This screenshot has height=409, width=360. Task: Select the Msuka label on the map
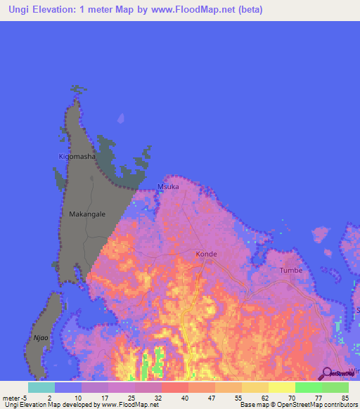click(168, 186)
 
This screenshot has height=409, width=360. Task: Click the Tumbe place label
click(291, 270)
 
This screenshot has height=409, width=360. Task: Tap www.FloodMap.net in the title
click(207, 8)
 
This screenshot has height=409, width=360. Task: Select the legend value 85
click(344, 397)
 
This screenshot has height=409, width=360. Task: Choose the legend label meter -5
click(15, 397)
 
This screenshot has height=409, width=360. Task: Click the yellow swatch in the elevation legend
click(281, 387)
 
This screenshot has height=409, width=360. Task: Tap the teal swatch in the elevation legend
click(41, 387)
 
